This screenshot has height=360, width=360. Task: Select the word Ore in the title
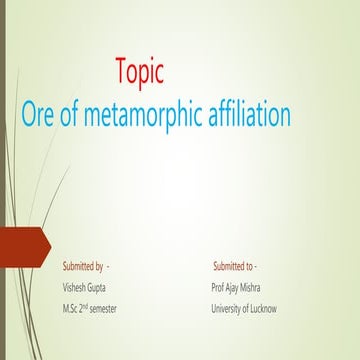(x=41, y=115)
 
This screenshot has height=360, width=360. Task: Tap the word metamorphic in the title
(x=145, y=115)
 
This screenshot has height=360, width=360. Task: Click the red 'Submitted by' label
(x=83, y=266)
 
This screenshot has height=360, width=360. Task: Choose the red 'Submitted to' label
(x=233, y=266)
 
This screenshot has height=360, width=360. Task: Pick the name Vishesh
(x=75, y=287)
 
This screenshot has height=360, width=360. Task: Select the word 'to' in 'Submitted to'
(x=249, y=266)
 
